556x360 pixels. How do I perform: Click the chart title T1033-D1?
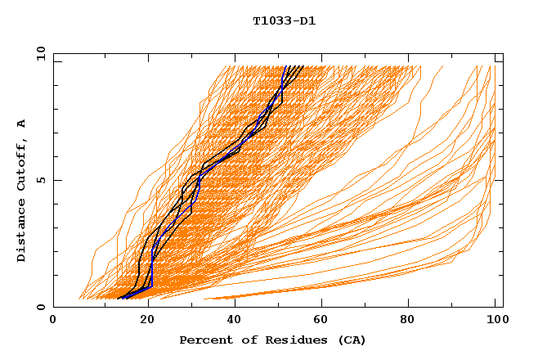pyautogui.click(x=284, y=21)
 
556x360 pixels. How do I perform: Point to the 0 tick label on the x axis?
pyautogui.click(x=53, y=322)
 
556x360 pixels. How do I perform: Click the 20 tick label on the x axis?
pyautogui.click(x=142, y=322)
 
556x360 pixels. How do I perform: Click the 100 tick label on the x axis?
pyautogui.click(x=495, y=322)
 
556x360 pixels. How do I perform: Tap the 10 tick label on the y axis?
pyautogui.click(x=38, y=53)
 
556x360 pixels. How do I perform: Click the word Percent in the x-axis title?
pyautogui.click(x=204, y=340)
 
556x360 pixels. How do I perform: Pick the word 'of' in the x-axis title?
pyautogui.click(x=242, y=340)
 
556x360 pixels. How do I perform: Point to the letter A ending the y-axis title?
pyautogui.click(x=21, y=124)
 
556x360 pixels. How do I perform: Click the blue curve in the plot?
pyautogui.click(x=200, y=180)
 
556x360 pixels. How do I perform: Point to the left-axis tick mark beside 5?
pyautogui.click(x=56, y=180)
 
